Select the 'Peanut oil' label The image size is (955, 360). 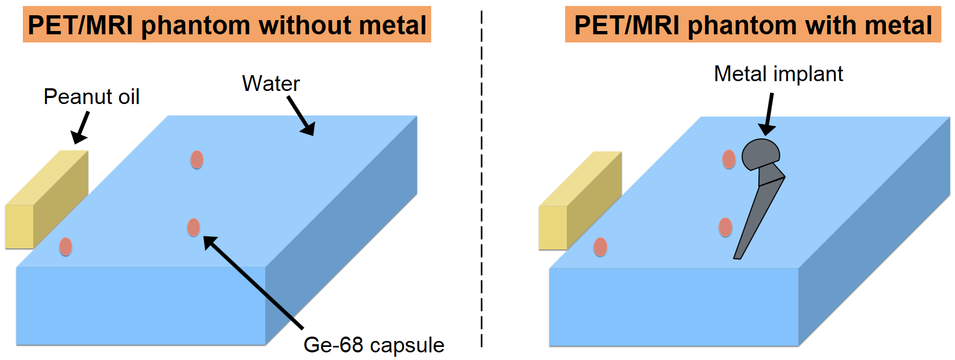[x=91, y=97]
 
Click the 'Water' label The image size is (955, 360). [x=271, y=84]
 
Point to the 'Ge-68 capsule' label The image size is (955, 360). [x=374, y=345]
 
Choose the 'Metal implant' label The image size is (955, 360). [x=778, y=74]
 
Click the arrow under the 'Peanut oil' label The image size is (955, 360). [x=81, y=128]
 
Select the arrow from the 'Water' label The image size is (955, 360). [x=301, y=116]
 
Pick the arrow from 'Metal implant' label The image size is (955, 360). [x=768, y=114]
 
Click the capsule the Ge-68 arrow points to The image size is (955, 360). [x=193, y=227]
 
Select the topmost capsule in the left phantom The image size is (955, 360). [x=197, y=160]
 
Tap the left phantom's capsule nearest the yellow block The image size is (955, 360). [x=65, y=247]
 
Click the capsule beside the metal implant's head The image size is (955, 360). [x=729, y=160]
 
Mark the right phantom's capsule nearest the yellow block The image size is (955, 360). [x=600, y=247]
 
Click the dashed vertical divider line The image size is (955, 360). [x=482, y=180]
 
